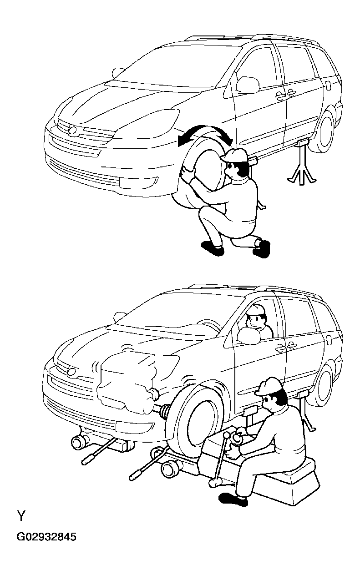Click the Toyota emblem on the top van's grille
tap(73, 130)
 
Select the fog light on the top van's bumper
tap(139, 181)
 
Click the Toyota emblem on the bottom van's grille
tap(71, 372)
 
